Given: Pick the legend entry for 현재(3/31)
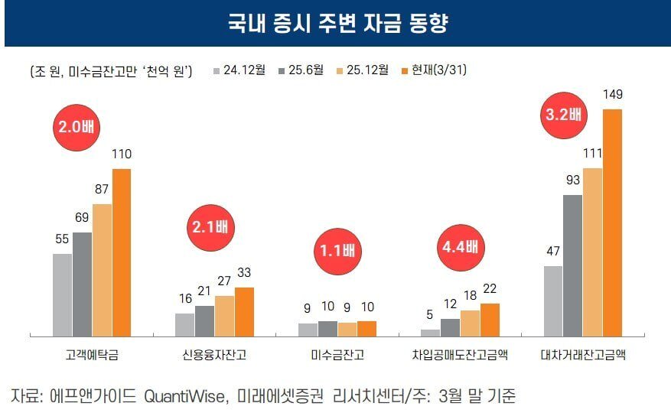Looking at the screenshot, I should pyautogui.click(x=433, y=70).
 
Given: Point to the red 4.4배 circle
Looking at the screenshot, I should pyautogui.click(x=460, y=246).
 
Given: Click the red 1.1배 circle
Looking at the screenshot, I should pyautogui.click(x=338, y=251).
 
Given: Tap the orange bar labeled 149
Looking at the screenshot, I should pyautogui.click(x=613, y=223).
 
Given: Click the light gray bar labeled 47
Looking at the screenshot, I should pyautogui.click(x=552, y=301).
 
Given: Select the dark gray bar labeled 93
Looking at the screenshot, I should pyautogui.click(x=572, y=265).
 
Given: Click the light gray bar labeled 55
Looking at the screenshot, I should pyautogui.click(x=63, y=294).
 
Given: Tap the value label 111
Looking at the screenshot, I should pyautogui.click(x=592, y=154).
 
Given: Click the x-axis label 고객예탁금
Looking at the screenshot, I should pyautogui.click(x=92, y=356).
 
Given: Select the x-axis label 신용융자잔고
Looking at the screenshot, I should pyautogui.click(x=214, y=356).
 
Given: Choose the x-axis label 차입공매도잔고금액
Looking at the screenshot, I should pyautogui.click(x=460, y=356).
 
